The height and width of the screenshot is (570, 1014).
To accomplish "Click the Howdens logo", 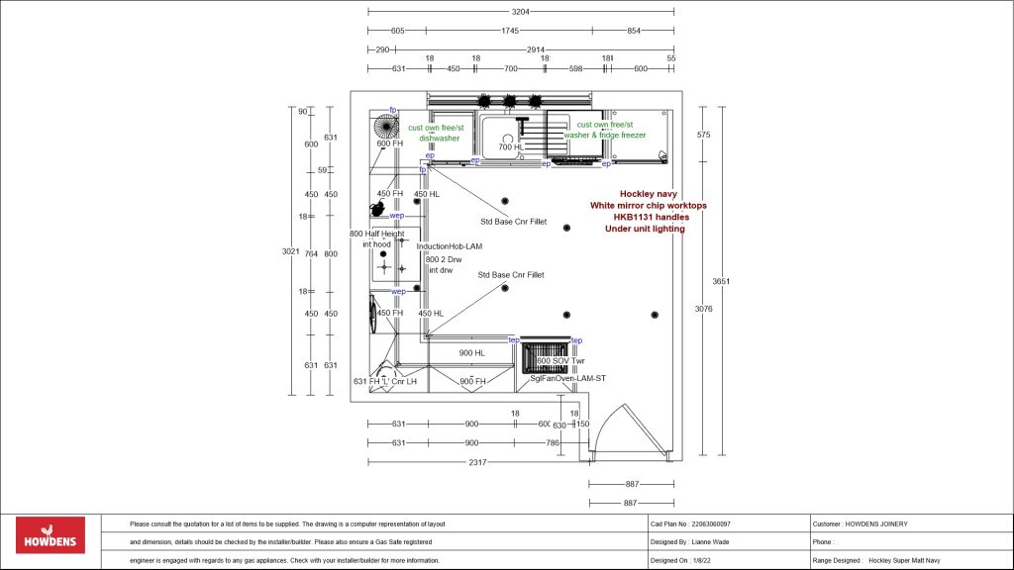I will coord(51,535).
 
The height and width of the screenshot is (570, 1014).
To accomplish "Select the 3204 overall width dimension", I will coord(521,13).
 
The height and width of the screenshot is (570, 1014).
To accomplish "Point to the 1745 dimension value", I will coord(510,31).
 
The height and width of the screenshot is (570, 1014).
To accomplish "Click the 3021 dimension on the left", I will coord(290,251).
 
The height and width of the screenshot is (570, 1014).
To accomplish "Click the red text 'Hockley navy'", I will coord(649,194).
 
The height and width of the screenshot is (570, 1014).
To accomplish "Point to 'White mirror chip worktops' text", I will coord(649,206).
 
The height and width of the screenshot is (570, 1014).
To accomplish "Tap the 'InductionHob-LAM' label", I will coord(451,246).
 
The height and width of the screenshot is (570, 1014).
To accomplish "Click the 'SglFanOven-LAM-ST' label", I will coord(567,378).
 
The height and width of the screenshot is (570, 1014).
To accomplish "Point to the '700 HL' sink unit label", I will coord(511,147).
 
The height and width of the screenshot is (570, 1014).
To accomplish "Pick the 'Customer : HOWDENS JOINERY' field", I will coord(859,523).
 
